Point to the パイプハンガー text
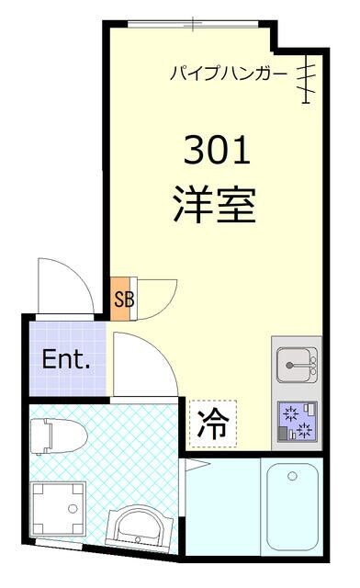(229, 73)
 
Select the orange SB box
(121, 298)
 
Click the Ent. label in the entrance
(66, 358)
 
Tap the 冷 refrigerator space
(213, 423)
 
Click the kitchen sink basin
(296, 365)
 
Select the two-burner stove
(296, 424)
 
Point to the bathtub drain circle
(291, 477)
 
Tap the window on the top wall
(193, 22)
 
